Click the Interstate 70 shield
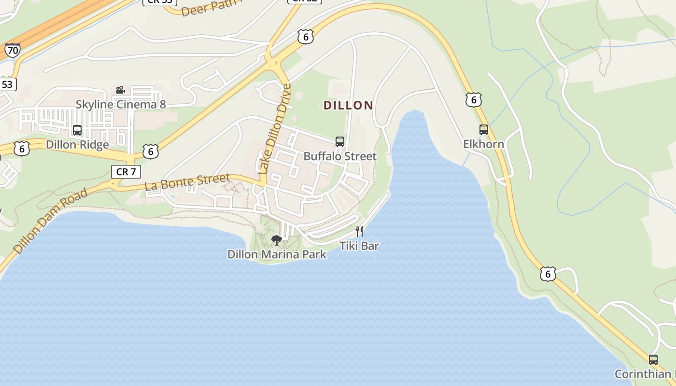(13, 50)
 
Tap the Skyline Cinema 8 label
(121, 104)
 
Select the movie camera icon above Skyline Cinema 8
(120, 90)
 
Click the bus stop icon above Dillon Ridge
(77, 130)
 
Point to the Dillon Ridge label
(77, 145)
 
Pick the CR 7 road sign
(126, 171)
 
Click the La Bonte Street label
(187, 182)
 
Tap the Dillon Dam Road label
(51, 221)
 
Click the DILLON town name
(348, 105)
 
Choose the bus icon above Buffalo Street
(340, 142)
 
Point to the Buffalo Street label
(340, 156)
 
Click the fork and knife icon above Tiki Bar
(359, 232)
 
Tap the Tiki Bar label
(359, 246)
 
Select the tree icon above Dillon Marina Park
(277, 240)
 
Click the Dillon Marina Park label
(277, 254)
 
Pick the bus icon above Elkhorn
(484, 130)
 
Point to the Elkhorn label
(484, 144)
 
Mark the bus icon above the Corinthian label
(653, 360)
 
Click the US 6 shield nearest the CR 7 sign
(151, 152)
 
